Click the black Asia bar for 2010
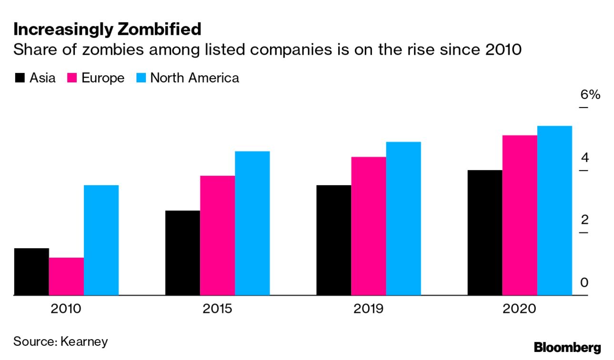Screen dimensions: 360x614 pos(31,271)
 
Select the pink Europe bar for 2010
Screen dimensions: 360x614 pos(66,276)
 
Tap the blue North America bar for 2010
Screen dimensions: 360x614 pos(101,240)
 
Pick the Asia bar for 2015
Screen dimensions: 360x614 pos(182,252)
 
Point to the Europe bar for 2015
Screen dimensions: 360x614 pos(217,235)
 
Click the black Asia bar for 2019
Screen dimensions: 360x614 pos(333,240)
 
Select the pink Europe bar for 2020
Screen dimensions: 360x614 pos(520,215)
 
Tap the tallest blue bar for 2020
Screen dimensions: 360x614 pos(554,210)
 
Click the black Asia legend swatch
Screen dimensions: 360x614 pos(20,78)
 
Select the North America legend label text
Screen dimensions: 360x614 pos(194,78)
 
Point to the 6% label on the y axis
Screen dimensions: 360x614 pos(590,94)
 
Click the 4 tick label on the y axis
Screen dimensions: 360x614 pos(585,157)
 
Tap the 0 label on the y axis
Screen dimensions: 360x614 pos(585,283)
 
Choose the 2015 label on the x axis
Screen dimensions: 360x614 pos(217,309)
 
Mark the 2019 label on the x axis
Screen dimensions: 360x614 pos(368,309)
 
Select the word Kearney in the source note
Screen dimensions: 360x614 pos(84,341)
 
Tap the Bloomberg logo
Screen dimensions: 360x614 pos(567,347)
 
